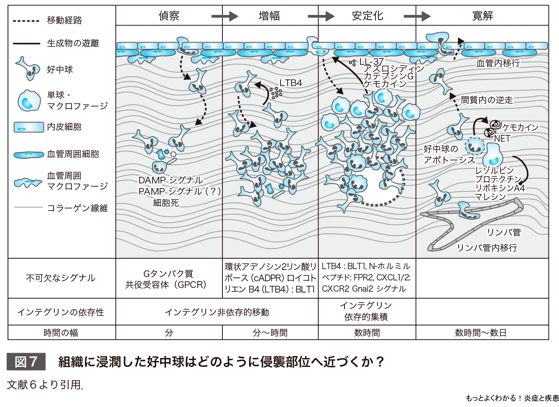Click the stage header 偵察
click(x=169, y=16)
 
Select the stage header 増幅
click(x=269, y=16)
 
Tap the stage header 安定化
click(x=368, y=16)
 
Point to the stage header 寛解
click(x=482, y=16)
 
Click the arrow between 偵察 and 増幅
click(x=225, y=16)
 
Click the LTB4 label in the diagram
click(x=291, y=83)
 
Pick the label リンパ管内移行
click(x=487, y=248)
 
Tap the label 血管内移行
click(x=498, y=63)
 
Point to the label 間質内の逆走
click(x=487, y=100)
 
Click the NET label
click(x=502, y=138)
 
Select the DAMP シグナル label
click(x=171, y=180)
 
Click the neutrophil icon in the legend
click(x=28, y=69)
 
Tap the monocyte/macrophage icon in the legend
click(x=28, y=101)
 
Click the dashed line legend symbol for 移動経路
click(x=26, y=20)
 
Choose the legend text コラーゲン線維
click(x=77, y=208)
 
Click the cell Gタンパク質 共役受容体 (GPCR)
click(x=168, y=279)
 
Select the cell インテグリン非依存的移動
click(x=217, y=312)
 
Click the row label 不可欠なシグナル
click(x=61, y=278)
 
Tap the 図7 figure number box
click(x=26, y=362)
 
